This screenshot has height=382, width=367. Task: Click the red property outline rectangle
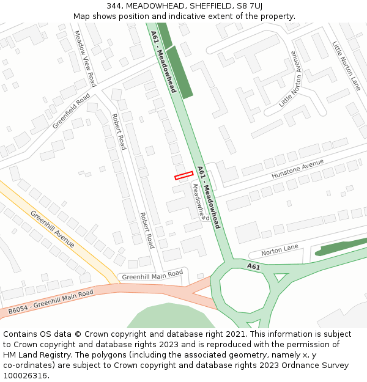coord(183,176)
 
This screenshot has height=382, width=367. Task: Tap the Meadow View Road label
coord(85,59)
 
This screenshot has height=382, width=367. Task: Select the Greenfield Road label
coord(72,111)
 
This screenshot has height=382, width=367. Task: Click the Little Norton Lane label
coord(346,66)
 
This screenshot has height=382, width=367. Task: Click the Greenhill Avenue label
coord(53,229)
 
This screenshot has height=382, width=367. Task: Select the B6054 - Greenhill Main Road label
coord(51,303)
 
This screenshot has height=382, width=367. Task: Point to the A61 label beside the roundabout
coord(254,266)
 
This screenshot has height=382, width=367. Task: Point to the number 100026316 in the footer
coord(26,375)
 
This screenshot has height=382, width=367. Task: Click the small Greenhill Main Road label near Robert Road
coord(152,276)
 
